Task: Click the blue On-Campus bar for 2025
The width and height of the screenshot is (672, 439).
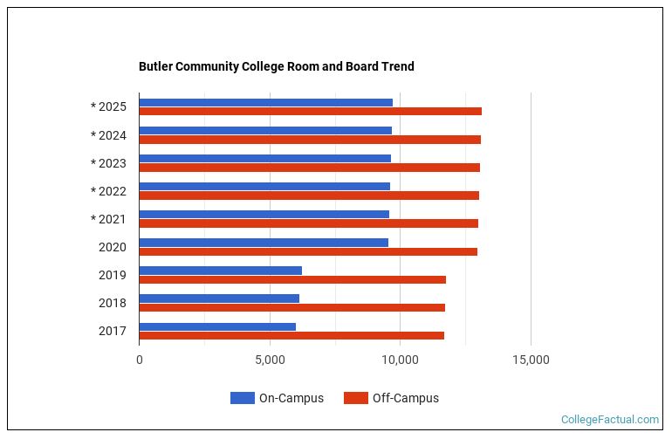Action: [265, 102]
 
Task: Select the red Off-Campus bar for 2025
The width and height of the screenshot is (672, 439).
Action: [310, 112]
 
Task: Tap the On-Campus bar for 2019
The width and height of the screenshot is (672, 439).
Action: [220, 271]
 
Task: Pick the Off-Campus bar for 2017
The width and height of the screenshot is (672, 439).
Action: [291, 336]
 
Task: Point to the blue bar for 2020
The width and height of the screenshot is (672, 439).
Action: [264, 243]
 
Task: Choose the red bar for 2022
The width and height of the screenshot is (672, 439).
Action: [309, 195]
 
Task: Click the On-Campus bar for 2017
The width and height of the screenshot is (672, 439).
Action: [217, 326]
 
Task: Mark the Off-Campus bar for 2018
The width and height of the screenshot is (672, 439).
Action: [291, 307]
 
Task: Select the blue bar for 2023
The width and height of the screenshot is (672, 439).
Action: [264, 158]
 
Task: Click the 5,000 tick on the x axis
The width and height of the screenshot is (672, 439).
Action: [270, 359]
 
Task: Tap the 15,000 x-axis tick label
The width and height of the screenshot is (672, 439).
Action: [531, 359]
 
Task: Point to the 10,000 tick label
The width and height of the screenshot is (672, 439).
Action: [400, 359]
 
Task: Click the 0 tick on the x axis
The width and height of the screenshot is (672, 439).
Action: [140, 359]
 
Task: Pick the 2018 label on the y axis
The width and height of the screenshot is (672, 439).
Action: [113, 303]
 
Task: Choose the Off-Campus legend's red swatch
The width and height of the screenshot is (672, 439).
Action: [355, 398]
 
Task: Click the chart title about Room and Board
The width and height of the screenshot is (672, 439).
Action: [277, 66]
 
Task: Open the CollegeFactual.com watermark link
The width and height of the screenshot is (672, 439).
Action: [610, 420]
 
